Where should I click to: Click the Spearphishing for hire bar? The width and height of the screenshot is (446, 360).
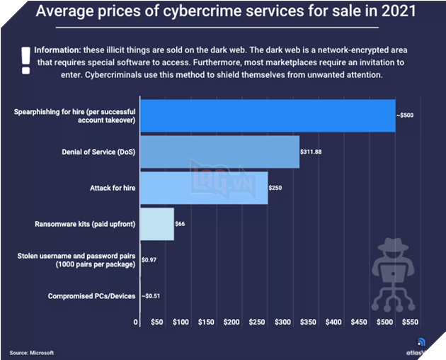click(x=268, y=116)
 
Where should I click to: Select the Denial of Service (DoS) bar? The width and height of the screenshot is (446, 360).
click(x=219, y=152)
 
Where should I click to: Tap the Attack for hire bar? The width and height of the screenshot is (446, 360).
click(x=203, y=188)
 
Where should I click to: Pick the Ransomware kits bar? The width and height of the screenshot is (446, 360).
click(x=156, y=224)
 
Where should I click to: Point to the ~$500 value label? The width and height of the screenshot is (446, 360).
click(x=407, y=116)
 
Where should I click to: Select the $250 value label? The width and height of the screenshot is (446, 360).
click(x=275, y=188)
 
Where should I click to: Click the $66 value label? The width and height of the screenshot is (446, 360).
click(x=180, y=224)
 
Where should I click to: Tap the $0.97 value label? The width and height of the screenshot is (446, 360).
click(x=149, y=260)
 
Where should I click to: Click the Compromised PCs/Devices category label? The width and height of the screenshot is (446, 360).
click(x=91, y=296)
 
